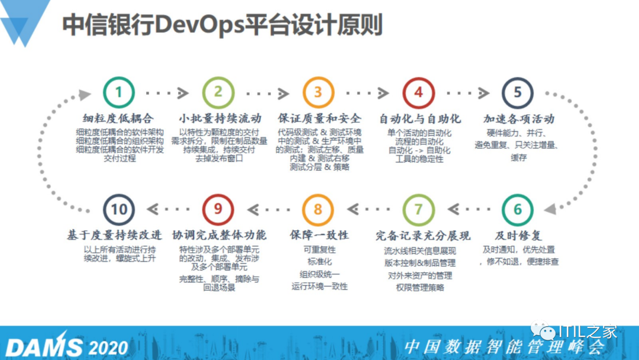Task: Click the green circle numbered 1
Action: [x=118, y=92]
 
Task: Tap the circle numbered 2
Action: [x=218, y=92]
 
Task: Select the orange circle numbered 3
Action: [x=318, y=92]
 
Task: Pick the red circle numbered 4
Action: [x=418, y=92]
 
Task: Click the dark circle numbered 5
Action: [x=518, y=92]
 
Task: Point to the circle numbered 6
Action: [x=518, y=210]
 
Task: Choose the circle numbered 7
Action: [x=418, y=210]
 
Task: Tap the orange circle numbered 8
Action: [x=318, y=210]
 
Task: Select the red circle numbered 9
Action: [x=218, y=210]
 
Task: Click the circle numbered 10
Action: [x=118, y=210]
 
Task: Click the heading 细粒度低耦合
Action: [x=118, y=118]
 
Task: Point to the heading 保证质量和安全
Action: [x=319, y=118]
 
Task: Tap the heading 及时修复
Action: [x=518, y=235]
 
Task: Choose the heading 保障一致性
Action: [x=319, y=235]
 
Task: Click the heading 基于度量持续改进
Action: [x=118, y=235]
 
